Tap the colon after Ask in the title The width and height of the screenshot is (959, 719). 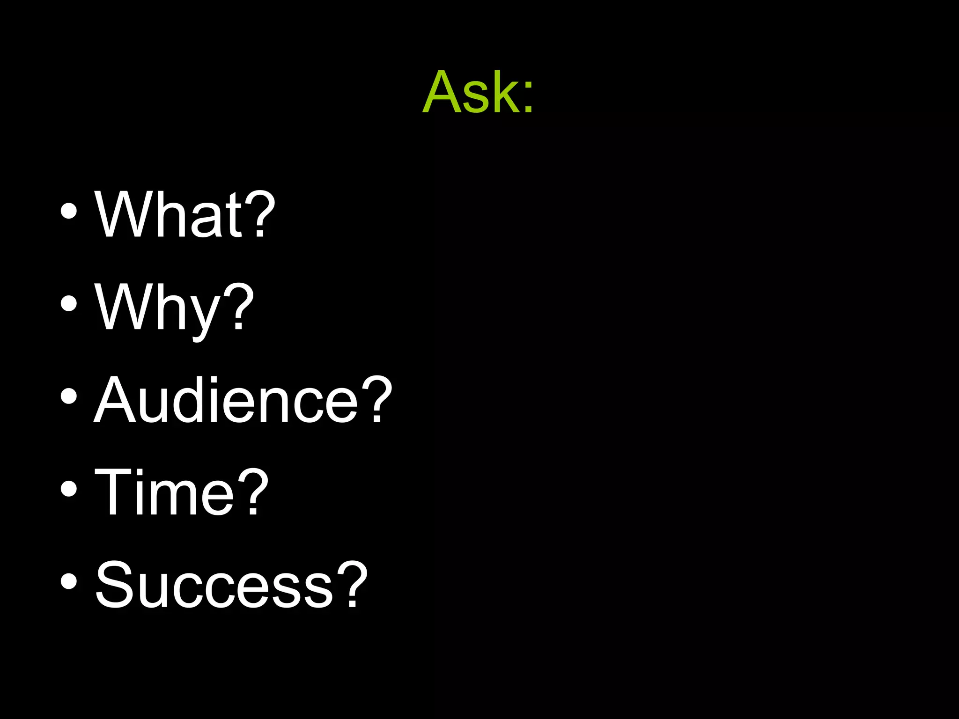tap(528, 98)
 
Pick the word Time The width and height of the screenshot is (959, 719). tap(164, 492)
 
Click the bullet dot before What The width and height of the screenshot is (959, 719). tap(69, 211)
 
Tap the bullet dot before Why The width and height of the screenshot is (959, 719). tap(69, 303)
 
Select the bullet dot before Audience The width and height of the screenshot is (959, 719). tap(69, 396)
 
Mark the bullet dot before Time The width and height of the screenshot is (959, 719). tap(69, 489)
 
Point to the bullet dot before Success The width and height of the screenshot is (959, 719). tap(69, 581)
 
